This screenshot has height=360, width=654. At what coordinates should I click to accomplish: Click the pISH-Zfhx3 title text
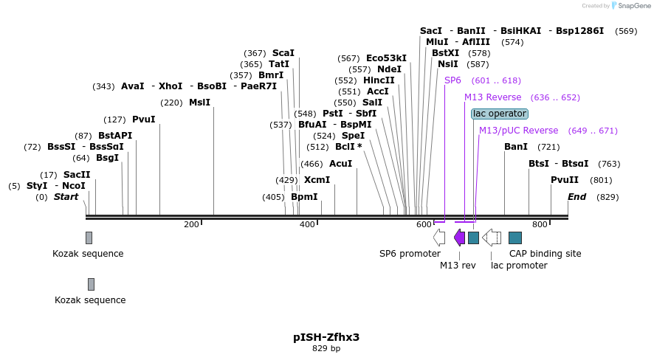[326, 337]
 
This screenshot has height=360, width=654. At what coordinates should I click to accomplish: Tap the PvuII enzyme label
[565, 180]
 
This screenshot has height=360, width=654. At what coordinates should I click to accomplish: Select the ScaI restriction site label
[283, 53]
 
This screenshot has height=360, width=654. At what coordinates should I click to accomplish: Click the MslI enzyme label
[199, 103]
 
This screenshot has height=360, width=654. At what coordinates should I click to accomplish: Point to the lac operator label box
[500, 114]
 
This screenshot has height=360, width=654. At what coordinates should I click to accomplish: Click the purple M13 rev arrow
[459, 238]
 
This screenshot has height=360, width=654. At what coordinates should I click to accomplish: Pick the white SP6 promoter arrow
[439, 238]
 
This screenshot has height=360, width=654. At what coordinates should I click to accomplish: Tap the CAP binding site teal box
[515, 238]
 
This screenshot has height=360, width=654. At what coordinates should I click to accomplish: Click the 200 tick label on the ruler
[191, 224]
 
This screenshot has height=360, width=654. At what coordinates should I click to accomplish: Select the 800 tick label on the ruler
[540, 224]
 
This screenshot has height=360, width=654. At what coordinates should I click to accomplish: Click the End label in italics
[577, 197]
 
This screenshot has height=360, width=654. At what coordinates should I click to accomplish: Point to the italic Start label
[66, 197]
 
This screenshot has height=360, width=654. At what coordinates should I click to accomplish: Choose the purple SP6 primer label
[452, 80]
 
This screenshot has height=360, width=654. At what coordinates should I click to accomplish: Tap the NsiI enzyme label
[447, 64]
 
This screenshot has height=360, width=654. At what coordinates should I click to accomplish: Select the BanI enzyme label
[516, 147]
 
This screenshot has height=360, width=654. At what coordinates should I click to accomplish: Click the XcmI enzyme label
[317, 180]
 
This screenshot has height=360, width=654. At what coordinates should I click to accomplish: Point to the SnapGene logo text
[634, 6]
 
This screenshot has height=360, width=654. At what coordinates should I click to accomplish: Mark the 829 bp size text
[326, 348]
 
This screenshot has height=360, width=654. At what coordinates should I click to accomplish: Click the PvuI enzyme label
[144, 120]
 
